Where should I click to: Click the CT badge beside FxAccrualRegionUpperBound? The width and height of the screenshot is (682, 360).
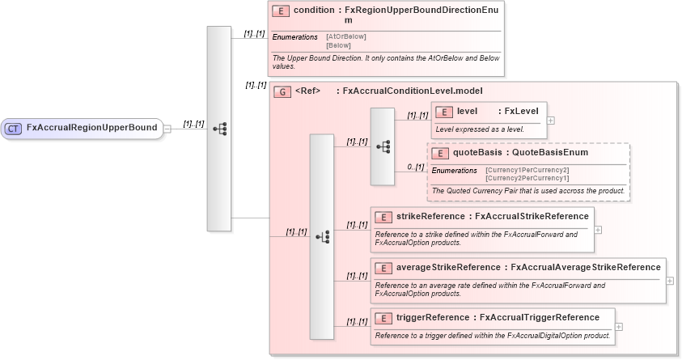click(14, 128)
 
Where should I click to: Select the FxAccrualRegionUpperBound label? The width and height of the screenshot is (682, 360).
click(91, 128)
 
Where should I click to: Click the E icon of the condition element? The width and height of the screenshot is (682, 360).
click(281, 11)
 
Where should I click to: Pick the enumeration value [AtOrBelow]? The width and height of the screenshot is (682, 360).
click(345, 37)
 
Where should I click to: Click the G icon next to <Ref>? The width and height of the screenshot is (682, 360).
click(282, 91)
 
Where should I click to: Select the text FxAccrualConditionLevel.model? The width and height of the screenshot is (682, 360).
click(413, 91)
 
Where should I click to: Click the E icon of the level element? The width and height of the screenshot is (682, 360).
click(444, 112)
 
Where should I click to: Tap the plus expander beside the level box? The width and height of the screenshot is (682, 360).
click(551, 120)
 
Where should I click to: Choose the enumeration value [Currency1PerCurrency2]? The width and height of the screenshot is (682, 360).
click(527, 170)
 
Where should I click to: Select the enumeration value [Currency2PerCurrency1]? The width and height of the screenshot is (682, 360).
click(527, 177)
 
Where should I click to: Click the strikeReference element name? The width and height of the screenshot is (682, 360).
click(430, 217)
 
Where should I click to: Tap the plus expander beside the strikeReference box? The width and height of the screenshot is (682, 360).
click(598, 229)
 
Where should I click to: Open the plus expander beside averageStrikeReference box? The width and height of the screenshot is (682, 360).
click(669, 280)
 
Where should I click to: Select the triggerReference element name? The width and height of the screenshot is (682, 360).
click(432, 317)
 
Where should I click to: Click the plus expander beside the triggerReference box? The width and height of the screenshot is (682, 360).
click(619, 327)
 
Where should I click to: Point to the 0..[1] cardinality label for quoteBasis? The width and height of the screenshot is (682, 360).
click(415, 167)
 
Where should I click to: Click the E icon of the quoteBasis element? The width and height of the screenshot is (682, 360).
click(441, 153)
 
